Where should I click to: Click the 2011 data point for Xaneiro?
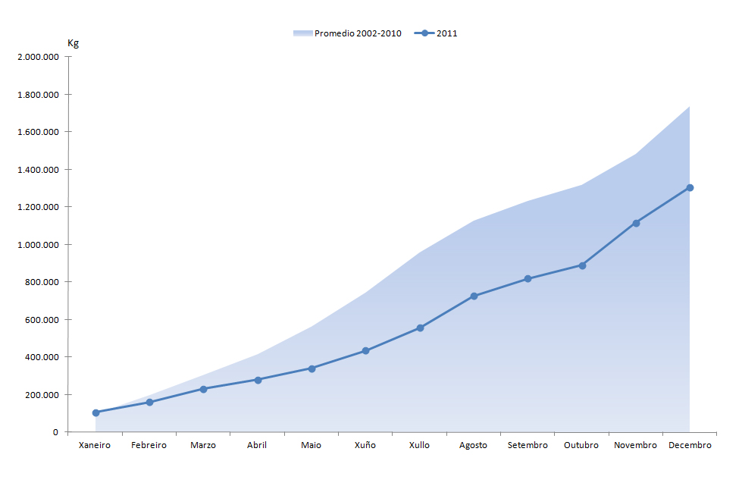coord(95,412)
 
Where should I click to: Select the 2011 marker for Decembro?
coord(690,187)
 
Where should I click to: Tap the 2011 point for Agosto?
coord(474,296)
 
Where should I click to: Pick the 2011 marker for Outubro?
coord(582,265)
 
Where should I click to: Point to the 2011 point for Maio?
coord(312,368)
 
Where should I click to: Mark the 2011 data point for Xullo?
coord(420,328)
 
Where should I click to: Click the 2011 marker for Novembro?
coord(636,223)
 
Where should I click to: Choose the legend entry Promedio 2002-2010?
coord(347,33)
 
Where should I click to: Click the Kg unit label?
coord(74,43)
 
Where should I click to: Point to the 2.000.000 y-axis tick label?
coord(37,57)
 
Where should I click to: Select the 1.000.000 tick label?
coord(37,245)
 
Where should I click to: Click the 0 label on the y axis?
coord(55,432)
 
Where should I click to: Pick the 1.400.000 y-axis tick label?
coord(37,170)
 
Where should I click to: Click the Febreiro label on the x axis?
coord(149,445)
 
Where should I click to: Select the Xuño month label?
coord(365,445)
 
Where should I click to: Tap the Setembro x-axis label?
coord(528,445)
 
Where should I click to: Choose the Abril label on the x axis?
coord(257,445)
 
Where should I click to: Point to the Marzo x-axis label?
coord(203,445)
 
